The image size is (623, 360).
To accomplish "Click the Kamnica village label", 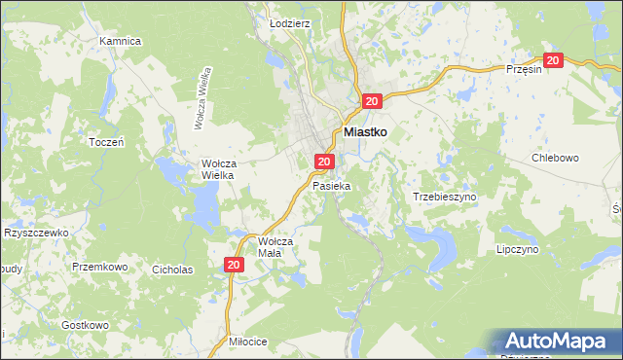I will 121,42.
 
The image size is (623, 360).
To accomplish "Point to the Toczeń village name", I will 106,141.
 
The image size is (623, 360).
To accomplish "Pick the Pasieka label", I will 330,184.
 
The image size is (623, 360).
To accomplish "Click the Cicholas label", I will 172,269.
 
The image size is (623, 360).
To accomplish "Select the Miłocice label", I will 243,342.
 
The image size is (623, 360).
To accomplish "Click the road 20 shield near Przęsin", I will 554,60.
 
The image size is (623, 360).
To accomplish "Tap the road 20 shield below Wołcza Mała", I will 234,265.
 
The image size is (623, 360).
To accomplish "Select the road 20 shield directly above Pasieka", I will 325,162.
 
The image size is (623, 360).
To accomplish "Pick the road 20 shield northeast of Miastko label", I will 373,101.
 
